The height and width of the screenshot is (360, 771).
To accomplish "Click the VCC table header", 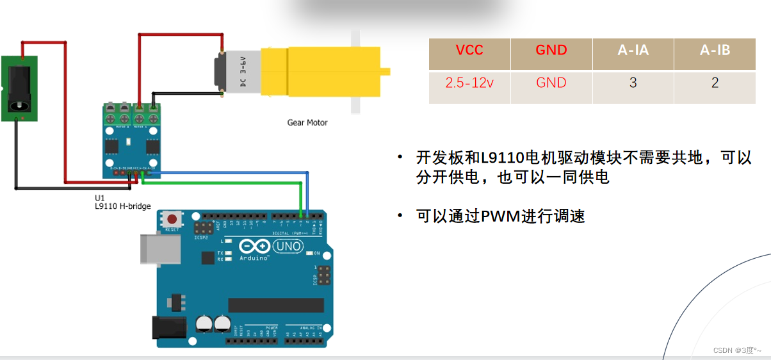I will click(x=469, y=50).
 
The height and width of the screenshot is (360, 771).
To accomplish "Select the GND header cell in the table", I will click(x=551, y=50).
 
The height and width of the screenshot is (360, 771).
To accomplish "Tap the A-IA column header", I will click(x=633, y=50).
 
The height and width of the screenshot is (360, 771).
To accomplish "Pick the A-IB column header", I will click(x=715, y=50).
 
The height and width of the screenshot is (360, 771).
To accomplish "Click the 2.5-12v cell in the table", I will click(x=469, y=83).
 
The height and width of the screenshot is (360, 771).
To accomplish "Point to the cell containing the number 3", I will click(x=633, y=83).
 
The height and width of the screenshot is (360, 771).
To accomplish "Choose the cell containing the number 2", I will click(x=715, y=83).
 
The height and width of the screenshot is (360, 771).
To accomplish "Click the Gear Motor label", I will click(x=307, y=122).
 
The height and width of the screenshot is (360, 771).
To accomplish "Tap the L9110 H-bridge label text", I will click(x=122, y=206).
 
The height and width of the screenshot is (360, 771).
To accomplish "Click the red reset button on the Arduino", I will click(x=172, y=219).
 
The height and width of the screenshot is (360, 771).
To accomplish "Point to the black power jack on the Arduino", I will click(x=168, y=328).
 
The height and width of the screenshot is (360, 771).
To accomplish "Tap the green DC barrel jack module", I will click(x=19, y=88).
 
